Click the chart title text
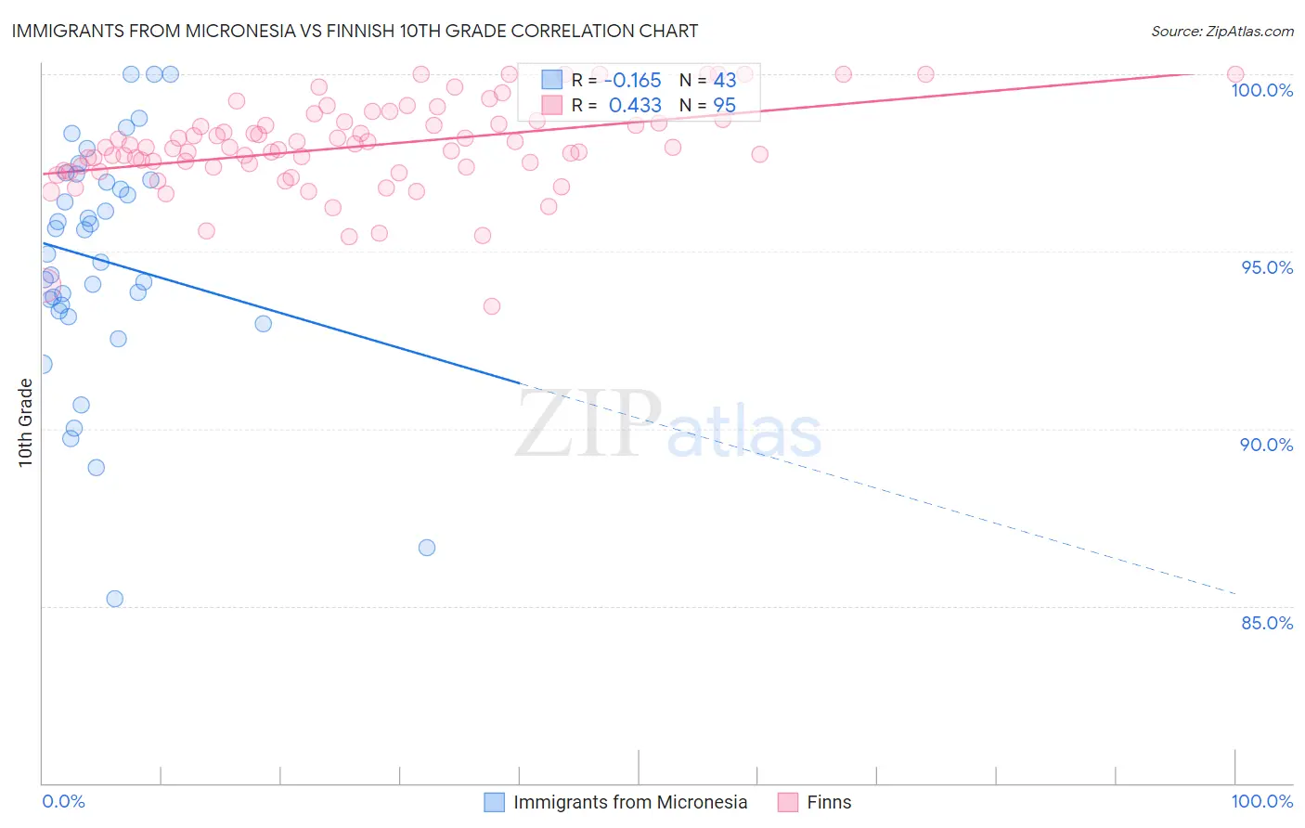[355, 31]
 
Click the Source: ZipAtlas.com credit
[1221, 31]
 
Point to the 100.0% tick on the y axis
[1261, 90]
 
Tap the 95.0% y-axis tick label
[1267, 267]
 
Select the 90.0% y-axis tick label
[1266, 445]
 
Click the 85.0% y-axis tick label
[1267, 623]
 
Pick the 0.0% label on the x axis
[63, 801]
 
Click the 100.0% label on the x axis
[1261, 801]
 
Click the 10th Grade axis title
[25, 422]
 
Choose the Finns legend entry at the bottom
[828, 802]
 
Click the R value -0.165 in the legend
[635, 81]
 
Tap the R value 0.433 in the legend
[635, 106]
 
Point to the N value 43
[724, 81]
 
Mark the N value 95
[724, 106]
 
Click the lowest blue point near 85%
[115, 599]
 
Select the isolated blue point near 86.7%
[427, 548]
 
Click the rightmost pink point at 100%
[1235, 74]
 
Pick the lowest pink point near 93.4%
[492, 306]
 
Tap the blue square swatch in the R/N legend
[552, 81]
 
